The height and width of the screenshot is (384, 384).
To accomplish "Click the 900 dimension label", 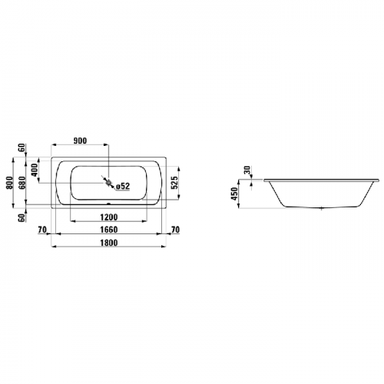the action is [x=80, y=141].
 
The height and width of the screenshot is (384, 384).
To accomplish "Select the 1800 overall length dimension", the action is [x=109, y=243].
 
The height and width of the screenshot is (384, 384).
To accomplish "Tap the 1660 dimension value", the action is [x=109, y=230].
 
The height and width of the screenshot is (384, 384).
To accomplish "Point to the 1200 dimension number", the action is [x=109, y=217].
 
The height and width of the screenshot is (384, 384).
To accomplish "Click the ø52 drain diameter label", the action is [x=123, y=187].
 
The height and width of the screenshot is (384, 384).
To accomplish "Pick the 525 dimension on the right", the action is [x=174, y=182].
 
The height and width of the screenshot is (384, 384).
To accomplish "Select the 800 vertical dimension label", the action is [x=9, y=183].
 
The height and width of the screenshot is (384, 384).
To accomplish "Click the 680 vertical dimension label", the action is [x=22, y=183].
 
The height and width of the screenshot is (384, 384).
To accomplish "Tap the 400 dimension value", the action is [x=35, y=170].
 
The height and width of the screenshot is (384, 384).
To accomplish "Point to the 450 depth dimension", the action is [x=234, y=194].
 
